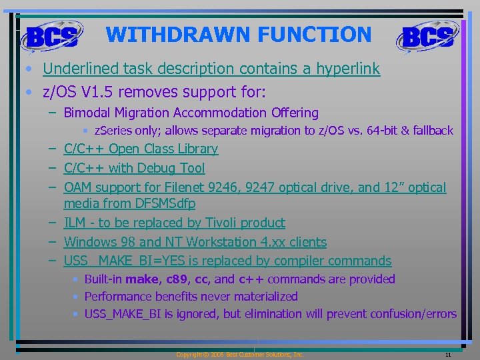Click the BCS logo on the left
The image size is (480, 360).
click(51, 36)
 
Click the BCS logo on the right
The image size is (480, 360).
click(428, 36)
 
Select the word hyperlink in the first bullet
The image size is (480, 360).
click(347, 69)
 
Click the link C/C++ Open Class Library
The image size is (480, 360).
click(141, 149)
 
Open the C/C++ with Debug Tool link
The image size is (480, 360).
click(134, 168)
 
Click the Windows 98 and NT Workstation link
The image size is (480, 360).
click(195, 242)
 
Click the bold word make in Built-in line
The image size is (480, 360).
click(143, 279)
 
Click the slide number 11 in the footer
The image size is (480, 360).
click(449, 355)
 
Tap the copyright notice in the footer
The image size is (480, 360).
click(239, 355)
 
